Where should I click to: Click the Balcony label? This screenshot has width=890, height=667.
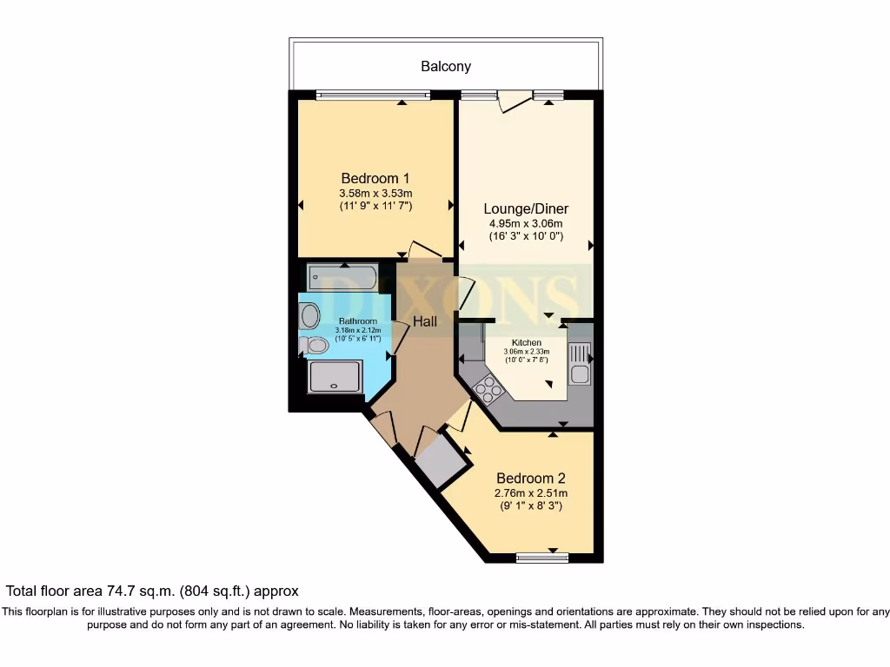(446, 66)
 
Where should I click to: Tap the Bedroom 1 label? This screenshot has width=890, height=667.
(375, 178)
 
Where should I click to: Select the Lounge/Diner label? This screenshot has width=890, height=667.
(526, 208)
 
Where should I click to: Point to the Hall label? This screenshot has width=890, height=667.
(425, 321)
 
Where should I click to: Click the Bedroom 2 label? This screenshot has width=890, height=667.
(531, 479)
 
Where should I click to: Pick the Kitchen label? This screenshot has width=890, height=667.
(526, 342)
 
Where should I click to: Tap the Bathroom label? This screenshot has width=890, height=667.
(357, 321)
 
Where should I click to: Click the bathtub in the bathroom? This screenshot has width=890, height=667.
(342, 278)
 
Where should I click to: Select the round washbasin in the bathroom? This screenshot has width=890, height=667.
(310, 316)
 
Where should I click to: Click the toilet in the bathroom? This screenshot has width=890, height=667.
(314, 345)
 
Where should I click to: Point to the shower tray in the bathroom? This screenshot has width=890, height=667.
(335, 377)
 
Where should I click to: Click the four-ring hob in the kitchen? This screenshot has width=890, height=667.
(488, 390)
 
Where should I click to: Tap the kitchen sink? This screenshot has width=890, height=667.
(580, 364)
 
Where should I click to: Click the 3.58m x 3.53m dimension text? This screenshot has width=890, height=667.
(375, 194)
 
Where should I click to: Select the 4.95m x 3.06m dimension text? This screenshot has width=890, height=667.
(526, 224)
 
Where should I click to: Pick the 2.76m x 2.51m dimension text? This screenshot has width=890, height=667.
(531, 493)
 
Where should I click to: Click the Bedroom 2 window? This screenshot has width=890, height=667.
(542, 558)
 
